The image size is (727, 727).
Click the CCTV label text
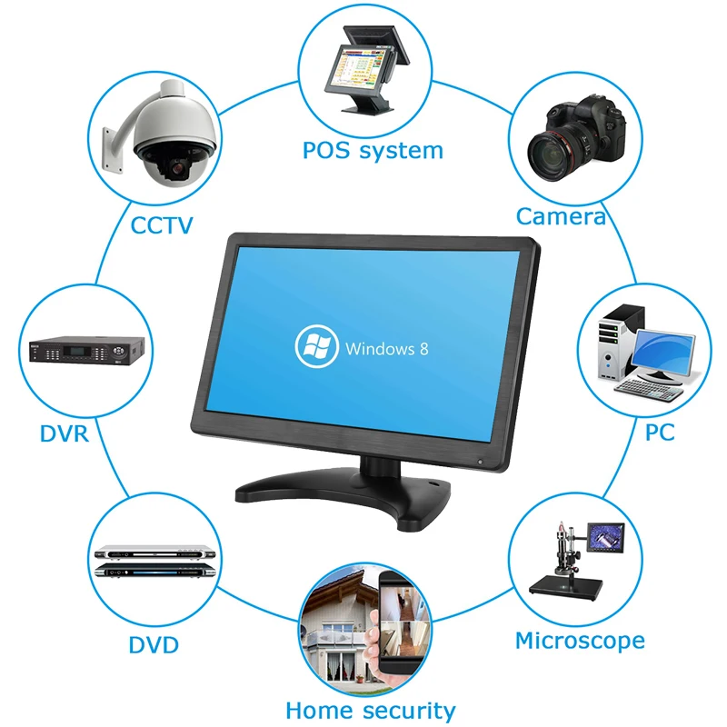(x=162, y=224)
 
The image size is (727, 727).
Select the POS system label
(x=373, y=150)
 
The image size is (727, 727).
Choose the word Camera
(x=561, y=216)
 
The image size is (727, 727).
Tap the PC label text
(x=660, y=433)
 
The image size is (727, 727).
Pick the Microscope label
(x=580, y=641)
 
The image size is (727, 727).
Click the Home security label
(x=370, y=710)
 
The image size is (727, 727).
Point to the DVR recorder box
(x=87, y=350)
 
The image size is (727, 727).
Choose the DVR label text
(x=64, y=433)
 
